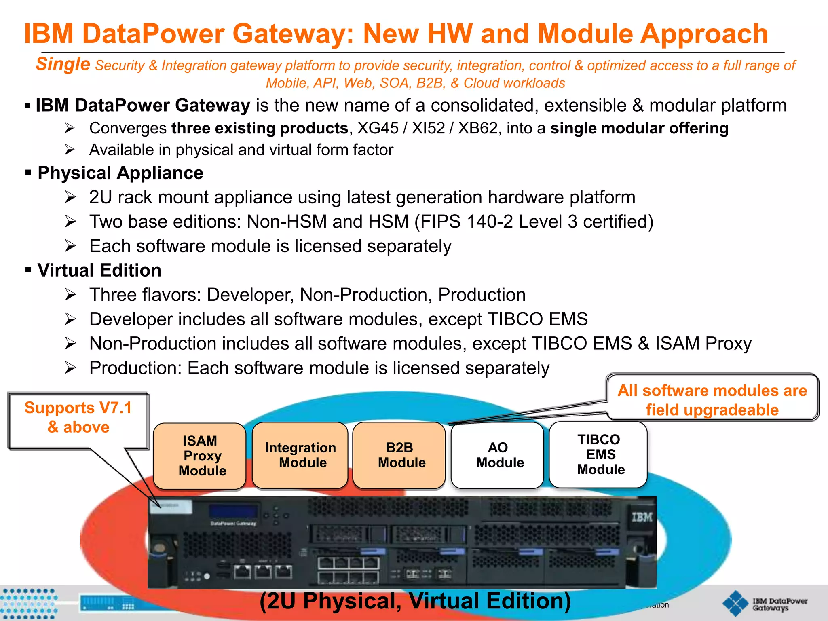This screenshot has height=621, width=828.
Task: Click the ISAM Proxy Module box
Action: coord(200,456)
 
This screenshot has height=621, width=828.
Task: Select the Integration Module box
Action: coord(300,455)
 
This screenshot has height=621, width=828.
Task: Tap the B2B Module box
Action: coord(399,455)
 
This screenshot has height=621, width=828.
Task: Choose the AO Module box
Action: coord(497,455)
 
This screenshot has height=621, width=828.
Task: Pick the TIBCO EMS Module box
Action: coord(598,454)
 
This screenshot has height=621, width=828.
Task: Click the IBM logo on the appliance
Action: coord(642,517)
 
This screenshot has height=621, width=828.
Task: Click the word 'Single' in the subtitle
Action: coord(63,65)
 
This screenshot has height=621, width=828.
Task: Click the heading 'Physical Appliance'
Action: coord(120,173)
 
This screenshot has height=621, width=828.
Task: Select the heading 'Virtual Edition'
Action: coord(99,270)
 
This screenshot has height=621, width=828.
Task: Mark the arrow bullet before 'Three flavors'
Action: coord(70,295)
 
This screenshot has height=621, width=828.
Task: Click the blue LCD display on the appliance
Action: coord(233,511)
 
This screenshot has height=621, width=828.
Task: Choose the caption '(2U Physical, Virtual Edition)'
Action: coord(415,601)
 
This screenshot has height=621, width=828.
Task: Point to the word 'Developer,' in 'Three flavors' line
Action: coord(250,295)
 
